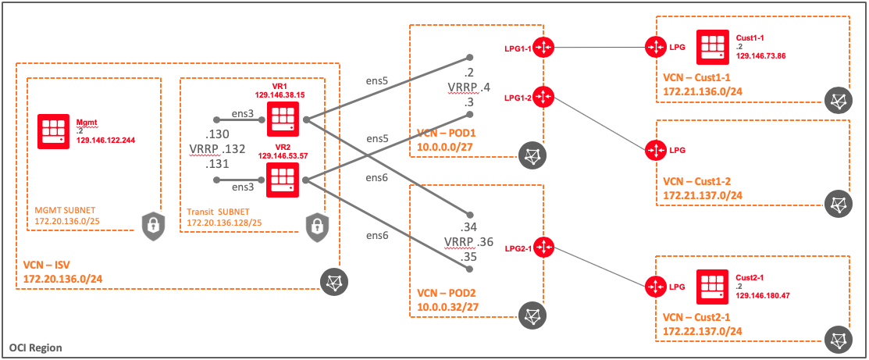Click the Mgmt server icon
pyautogui.click(x=55, y=132)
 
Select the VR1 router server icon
pyautogui.click(x=281, y=119)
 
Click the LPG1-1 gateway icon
pyautogui.click(x=543, y=48)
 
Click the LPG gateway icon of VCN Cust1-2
pyautogui.click(x=655, y=149)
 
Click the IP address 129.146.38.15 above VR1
pyautogui.click(x=279, y=94)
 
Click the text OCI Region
pyautogui.click(x=36, y=347)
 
